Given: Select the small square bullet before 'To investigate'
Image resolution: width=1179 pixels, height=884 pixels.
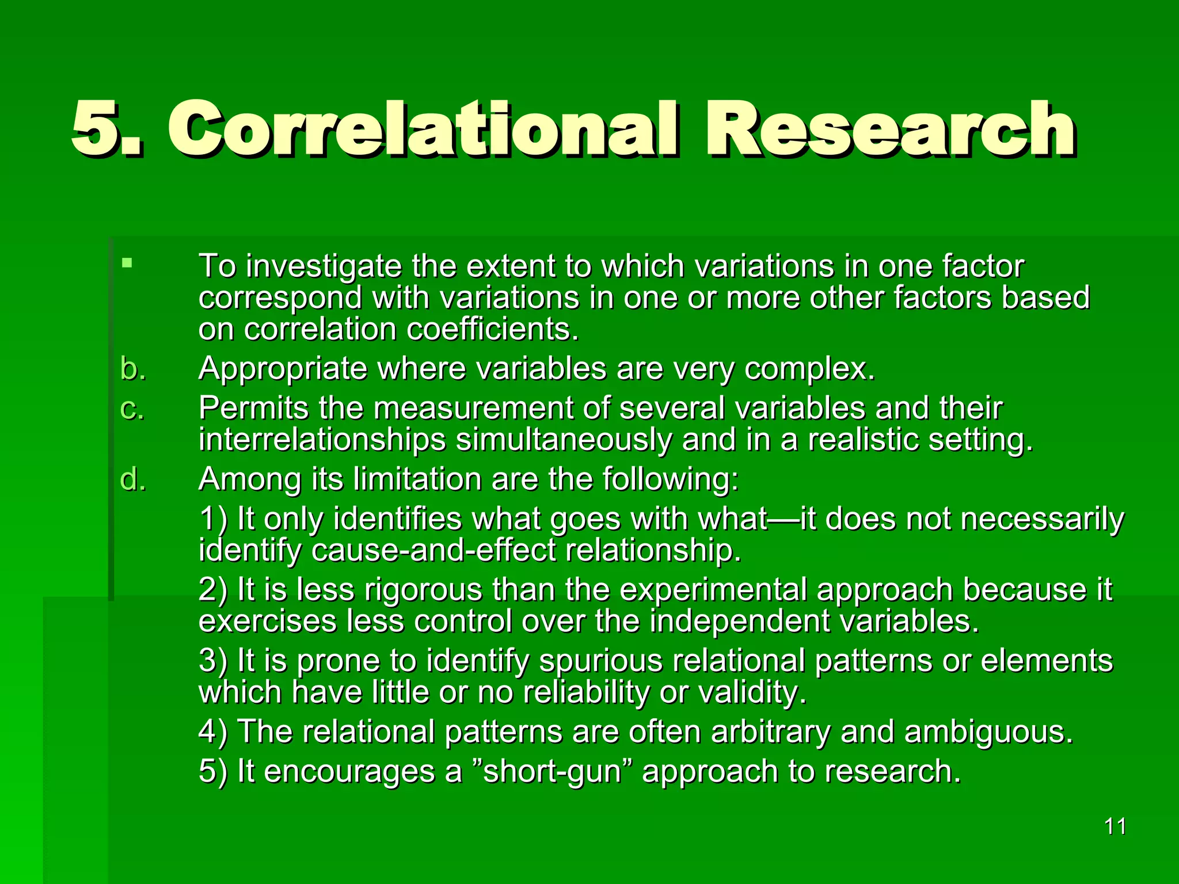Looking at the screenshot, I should click(x=127, y=264).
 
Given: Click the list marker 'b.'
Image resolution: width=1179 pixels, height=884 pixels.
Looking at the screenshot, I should click(x=133, y=368).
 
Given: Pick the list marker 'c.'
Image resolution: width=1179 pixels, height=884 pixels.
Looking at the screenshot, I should click(x=132, y=408).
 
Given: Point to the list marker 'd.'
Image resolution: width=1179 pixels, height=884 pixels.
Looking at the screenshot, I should click(x=133, y=479).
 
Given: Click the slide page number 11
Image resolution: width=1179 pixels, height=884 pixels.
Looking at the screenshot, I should click(x=1115, y=826).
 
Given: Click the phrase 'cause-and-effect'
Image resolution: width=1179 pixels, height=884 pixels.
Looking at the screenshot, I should click(x=433, y=550).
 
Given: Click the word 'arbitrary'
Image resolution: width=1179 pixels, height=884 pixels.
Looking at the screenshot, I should click(x=770, y=732).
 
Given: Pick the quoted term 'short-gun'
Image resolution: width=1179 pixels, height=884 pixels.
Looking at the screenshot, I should click(x=552, y=772).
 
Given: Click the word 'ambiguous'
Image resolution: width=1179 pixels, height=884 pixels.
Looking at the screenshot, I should click(x=988, y=732).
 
